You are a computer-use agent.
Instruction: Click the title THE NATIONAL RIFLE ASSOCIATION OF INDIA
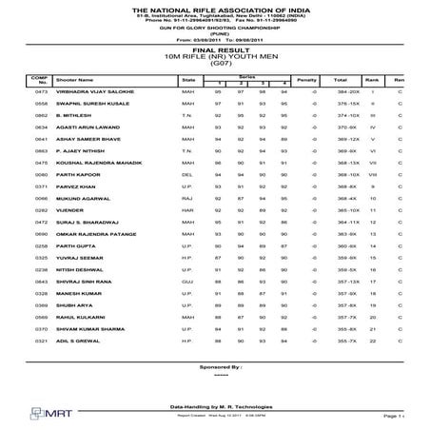[x=214, y=6]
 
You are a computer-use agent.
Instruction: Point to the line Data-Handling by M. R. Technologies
[x=213, y=404]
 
